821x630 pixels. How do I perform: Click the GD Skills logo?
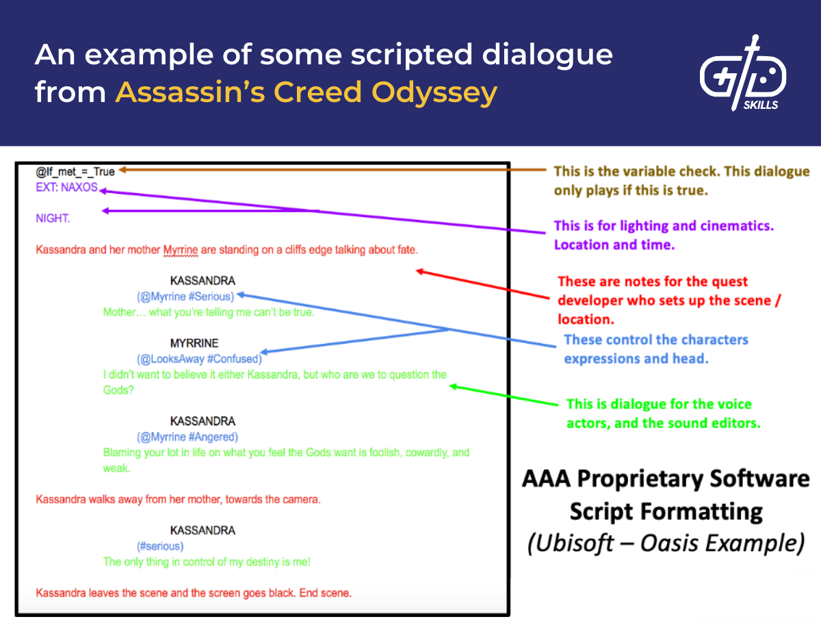[x=742, y=74]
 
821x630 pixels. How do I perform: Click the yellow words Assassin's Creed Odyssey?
[x=306, y=92]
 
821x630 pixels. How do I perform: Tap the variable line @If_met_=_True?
[x=75, y=171]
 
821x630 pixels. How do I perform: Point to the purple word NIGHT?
[x=53, y=218]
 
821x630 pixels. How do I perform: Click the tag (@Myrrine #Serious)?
[x=185, y=297]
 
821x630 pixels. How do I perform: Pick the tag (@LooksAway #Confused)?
[x=199, y=359]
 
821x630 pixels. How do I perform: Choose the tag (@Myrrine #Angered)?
[x=187, y=437]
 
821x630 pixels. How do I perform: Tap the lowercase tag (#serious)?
[x=160, y=546]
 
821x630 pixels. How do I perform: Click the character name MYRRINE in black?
[x=194, y=343]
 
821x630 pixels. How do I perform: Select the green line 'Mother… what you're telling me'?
[x=209, y=312]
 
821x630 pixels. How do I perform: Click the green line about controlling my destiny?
[x=207, y=562]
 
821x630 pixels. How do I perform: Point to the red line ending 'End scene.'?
[x=194, y=593]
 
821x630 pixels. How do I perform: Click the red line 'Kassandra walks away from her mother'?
[x=178, y=500]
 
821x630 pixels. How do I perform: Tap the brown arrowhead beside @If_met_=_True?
[x=123, y=170]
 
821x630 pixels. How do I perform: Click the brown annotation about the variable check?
[x=681, y=181]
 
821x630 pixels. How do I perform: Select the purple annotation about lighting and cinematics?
[x=664, y=235]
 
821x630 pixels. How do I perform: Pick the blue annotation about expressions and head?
[x=656, y=349]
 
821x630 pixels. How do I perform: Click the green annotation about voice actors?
[x=663, y=414]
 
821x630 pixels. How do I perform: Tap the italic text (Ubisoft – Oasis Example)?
[x=665, y=542]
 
